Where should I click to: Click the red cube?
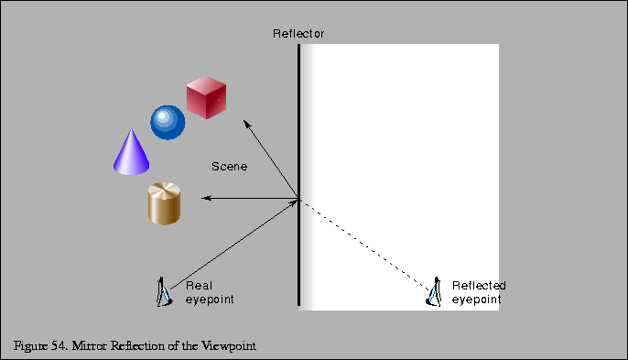click(205, 99)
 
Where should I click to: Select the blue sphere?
click(168, 123)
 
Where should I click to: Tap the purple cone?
click(130, 154)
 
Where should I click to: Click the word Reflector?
click(298, 34)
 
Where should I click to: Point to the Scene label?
click(229, 167)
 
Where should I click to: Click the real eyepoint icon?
click(163, 292)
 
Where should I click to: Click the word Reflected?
click(479, 286)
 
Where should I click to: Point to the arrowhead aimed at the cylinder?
click(206, 199)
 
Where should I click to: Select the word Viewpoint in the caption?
click(228, 345)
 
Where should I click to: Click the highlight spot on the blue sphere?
click(164, 117)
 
